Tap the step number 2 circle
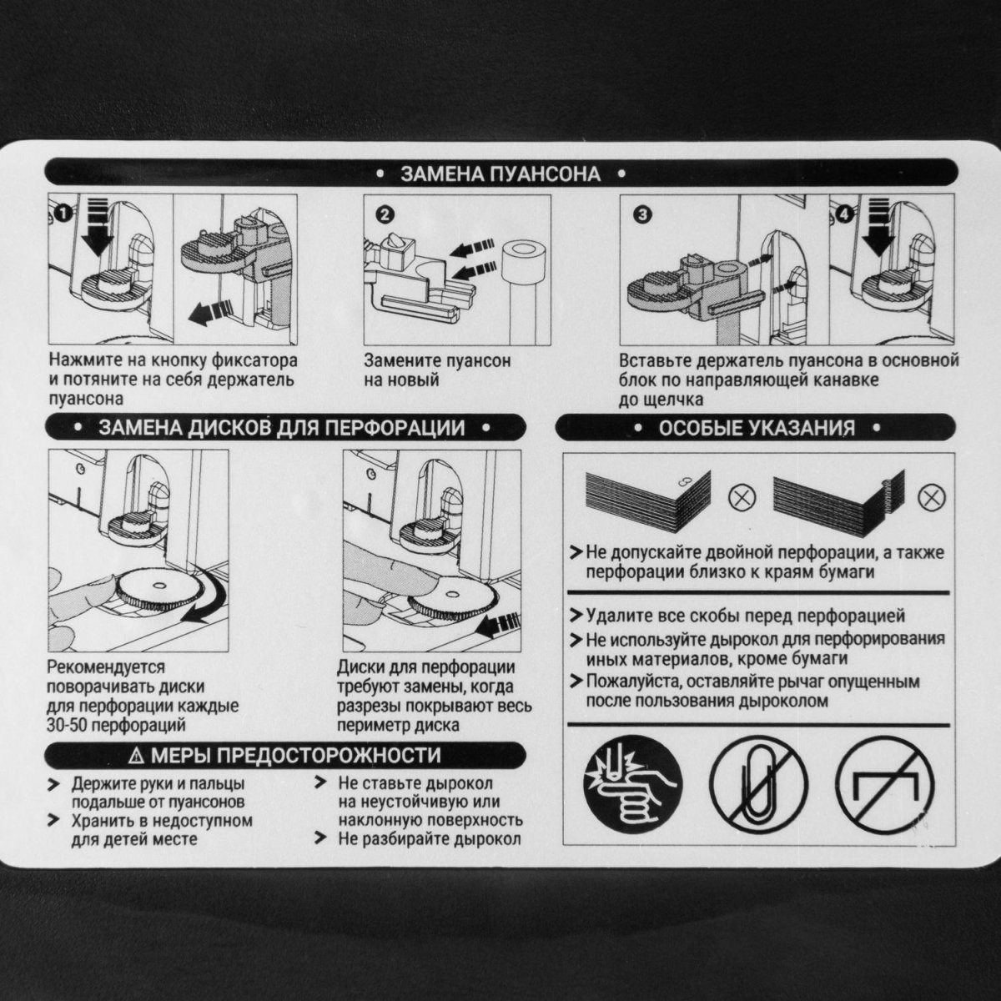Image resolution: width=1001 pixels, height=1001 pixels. click(385, 215)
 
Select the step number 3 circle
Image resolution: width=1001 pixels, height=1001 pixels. click(643, 215)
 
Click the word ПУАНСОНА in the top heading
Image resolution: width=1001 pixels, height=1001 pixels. click(545, 174)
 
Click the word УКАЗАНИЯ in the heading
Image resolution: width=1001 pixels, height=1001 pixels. click(802, 428)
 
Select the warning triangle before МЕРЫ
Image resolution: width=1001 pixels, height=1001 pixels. click(137, 755)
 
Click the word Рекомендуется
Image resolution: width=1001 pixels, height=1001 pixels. click(106, 667)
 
